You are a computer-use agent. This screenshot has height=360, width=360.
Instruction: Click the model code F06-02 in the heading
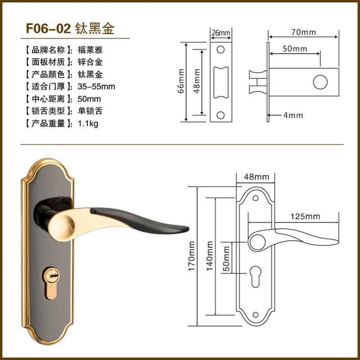(48, 28)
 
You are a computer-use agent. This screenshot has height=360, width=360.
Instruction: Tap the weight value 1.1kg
(88, 123)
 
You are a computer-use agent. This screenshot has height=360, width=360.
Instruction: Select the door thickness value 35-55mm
(96, 86)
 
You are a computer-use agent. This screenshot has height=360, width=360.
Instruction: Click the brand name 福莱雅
(90, 50)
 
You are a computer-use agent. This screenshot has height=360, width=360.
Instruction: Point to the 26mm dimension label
(221, 33)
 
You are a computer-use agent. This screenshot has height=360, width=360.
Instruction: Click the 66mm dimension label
(181, 81)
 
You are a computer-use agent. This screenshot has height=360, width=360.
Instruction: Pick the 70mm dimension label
(303, 32)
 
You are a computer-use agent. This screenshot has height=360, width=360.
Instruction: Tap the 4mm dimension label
(293, 115)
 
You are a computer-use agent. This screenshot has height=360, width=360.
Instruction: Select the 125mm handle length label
(305, 216)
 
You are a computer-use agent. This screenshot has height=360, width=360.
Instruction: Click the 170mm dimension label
(192, 256)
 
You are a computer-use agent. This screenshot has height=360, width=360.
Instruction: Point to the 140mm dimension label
(210, 256)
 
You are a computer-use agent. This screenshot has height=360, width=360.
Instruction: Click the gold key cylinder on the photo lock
(51, 283)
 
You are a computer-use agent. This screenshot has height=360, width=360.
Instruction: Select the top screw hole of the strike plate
(220, 49)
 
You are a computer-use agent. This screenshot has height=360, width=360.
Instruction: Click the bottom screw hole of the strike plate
(220, 115)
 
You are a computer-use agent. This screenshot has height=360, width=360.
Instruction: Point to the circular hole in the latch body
(320, 82)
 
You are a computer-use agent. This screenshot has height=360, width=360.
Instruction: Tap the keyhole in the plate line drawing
(255, 277)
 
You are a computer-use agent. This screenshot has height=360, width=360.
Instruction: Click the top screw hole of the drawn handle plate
(255, 198)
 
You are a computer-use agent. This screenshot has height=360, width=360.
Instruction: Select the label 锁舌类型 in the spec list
(48, 111)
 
